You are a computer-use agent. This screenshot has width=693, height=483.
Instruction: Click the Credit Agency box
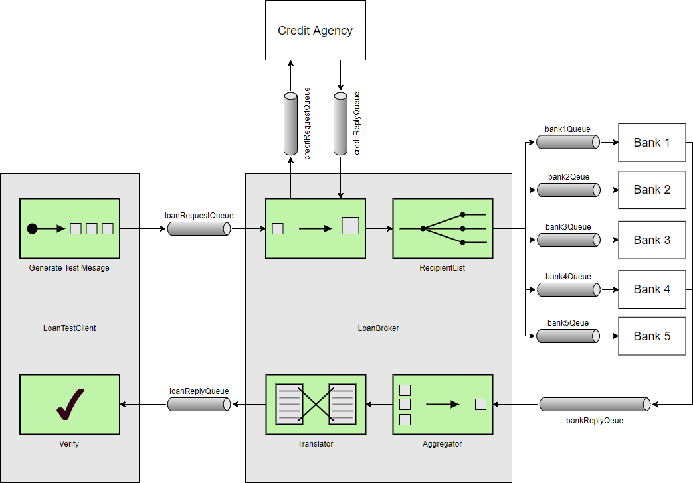click(x=315, y=31)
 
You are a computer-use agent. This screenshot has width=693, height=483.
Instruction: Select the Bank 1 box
click(x=651, y=143)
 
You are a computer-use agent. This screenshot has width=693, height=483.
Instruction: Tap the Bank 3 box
click(x=651, y=240)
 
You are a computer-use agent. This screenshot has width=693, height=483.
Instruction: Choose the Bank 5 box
click(x=651, y=336)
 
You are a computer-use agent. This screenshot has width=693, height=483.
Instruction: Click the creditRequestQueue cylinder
click(x=290, y=123)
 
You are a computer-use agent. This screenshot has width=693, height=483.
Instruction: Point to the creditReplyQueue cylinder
click(x=340, y=123)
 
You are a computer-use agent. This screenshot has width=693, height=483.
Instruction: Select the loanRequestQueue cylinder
click(x=199, y=229)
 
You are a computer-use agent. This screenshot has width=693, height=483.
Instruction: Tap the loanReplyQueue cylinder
click(x=199, y=405)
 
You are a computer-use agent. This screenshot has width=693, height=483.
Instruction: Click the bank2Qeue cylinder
click(x=568, y=190)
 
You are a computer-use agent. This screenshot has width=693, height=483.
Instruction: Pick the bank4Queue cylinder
click(x=568, y=290)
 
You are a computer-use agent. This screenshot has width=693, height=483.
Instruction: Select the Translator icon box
click(x=316, y=405)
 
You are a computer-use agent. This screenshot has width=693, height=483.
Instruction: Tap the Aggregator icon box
click(x=443, y=405)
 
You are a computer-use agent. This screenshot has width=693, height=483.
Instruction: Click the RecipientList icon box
click(x=443, y=228)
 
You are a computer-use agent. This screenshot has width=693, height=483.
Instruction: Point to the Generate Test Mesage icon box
click(x=70, y=228)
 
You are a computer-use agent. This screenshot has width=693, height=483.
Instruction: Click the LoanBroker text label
click(x=379, y=328)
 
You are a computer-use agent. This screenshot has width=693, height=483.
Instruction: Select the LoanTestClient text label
click(x=70, y=328)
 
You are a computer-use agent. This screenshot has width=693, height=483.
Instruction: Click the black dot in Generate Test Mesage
click(x=32, y=229)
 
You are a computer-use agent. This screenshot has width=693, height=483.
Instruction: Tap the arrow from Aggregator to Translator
click(x=379, y=405)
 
